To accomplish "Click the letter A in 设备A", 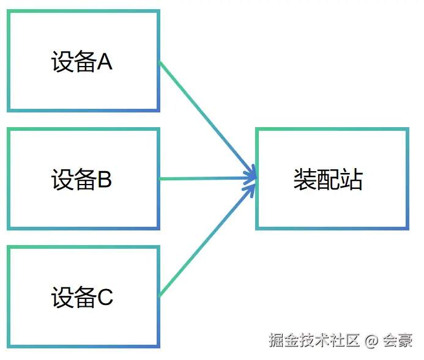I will click(105, 62).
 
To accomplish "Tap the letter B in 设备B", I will click(105, 180).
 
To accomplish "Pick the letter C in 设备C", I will click(105, 298).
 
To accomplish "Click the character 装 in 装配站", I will click(305, 180).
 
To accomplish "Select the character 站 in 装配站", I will click(352, 180).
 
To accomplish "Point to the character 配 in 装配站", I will click(329, 180).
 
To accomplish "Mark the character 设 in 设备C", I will click(62, 298).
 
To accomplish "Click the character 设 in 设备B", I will click(62, 180).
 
